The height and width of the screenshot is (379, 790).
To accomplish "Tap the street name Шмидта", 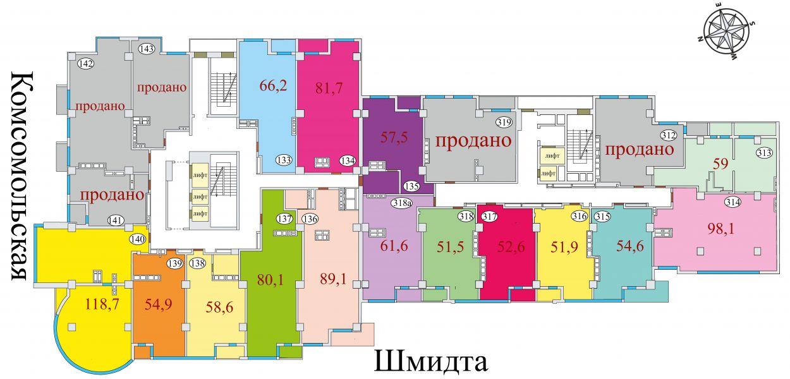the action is click(430, 360).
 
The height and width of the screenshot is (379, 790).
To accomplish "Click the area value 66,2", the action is click(273, 86).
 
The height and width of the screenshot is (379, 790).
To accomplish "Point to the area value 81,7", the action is click(329, 88).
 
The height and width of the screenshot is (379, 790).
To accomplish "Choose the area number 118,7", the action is click(102, 303).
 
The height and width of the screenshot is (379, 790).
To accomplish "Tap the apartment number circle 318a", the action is click(403, 203).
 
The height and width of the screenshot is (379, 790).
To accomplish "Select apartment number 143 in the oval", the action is click(147, 48).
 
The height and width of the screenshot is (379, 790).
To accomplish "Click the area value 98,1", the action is click(720, 229).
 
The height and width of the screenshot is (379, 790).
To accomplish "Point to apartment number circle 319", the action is click(504, 123).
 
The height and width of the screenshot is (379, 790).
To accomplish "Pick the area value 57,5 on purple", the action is click(394, 137).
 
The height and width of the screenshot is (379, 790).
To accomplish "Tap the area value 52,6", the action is click(511, 247).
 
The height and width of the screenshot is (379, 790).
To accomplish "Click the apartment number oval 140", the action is click(138, 239).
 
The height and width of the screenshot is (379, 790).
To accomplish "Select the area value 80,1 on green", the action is click(270, 280).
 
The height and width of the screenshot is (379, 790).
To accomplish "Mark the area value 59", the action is click(720, 164).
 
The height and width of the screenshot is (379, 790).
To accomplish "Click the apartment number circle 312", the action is click(669, 135).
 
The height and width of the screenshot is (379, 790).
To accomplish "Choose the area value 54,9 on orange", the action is click(159, 304).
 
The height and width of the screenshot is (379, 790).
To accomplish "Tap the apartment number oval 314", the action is click(732, 202).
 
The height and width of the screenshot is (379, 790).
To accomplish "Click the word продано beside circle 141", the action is click(112, 195).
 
